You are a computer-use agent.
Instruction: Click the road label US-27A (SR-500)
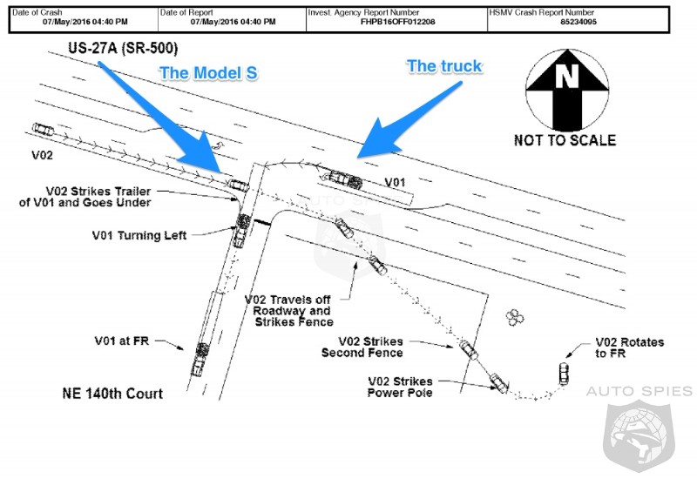pyautogui.click(x=123, y=48)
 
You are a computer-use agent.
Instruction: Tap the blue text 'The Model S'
pyautogui.click(x=208, y=73)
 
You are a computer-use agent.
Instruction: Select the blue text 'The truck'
pyautogui.click(x=444, y=66)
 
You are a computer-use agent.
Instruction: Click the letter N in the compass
pyautogui.click(x=567, y=76)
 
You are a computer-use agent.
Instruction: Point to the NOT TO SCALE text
pyautogui.click(x=565, y=140)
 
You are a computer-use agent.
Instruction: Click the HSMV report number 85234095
pyautogui.click(x=579, y=22)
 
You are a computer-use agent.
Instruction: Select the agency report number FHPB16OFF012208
pyautogui.click(x=397, y=22)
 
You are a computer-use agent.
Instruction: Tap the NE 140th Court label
pyautogui.click(x=112, y=394)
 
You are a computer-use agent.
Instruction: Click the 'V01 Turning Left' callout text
pyautogui.click(x=139, y=235)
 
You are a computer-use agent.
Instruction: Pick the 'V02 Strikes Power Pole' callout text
pyautogui.click(x=400, y=387)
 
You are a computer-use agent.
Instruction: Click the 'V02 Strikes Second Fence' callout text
pyautogui.click(x=362, y=347)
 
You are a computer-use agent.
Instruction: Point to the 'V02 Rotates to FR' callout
pyautogui.click(x=629, y=347)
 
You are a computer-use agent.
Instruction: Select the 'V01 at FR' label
pyautogui.click(x=122, y=341)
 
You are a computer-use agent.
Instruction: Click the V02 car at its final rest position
pyautogui.click(x=564, y=374)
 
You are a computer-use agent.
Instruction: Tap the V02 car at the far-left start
pyautogui.click(x=43, y=130)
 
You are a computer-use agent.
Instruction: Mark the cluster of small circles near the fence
pyautogui.click(x=515, y=317)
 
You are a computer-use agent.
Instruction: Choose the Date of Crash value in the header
pyautogui.click(x=85, y=22)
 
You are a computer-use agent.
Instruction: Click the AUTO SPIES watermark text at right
pyautogui.click(x=639, y=391)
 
